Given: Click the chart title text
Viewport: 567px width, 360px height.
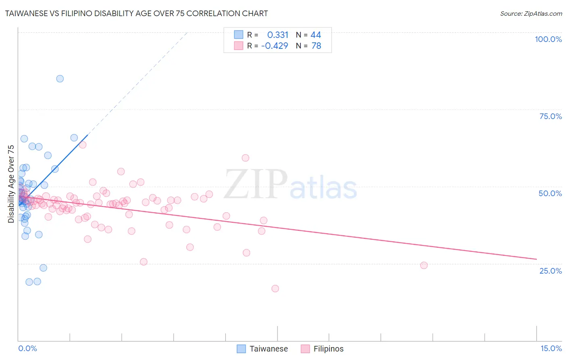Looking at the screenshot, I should [x=136, y=13].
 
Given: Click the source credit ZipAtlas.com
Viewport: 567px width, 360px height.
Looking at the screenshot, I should [x=531, y=13].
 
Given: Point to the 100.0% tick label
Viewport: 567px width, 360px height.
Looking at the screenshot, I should [x=548, y=39].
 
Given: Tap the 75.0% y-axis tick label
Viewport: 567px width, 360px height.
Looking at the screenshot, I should [x=550, y=116].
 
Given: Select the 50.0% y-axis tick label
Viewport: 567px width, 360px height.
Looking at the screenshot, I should [x=550, y=193].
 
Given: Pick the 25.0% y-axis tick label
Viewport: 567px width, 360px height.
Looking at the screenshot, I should [x=550, y=270].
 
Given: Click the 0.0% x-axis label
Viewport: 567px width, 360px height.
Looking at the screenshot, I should [x=27, y=348].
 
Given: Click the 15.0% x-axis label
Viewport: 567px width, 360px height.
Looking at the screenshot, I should [x=551, y=348].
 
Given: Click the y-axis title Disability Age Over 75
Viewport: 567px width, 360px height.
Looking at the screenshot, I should [x=11, y=184].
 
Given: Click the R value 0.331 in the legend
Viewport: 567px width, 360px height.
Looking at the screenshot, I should [x=277, y=35].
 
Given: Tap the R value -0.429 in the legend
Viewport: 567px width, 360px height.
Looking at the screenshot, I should [x=275, y=46].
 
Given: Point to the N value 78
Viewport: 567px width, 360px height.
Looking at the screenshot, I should [x=316, y=46].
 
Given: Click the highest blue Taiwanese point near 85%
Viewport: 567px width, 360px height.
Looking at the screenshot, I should [x=60, y=79].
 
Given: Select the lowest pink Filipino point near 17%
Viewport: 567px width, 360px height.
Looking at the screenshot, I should [x=275, y=289].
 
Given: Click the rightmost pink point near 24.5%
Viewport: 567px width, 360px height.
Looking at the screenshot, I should [x=423, y=265].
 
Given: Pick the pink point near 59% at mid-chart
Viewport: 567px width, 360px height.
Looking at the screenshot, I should [x=245, y=158].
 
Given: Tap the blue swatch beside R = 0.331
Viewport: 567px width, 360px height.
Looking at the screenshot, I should [x=239, y=35].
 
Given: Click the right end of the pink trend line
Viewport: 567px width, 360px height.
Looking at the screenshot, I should [x=536, y=259].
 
